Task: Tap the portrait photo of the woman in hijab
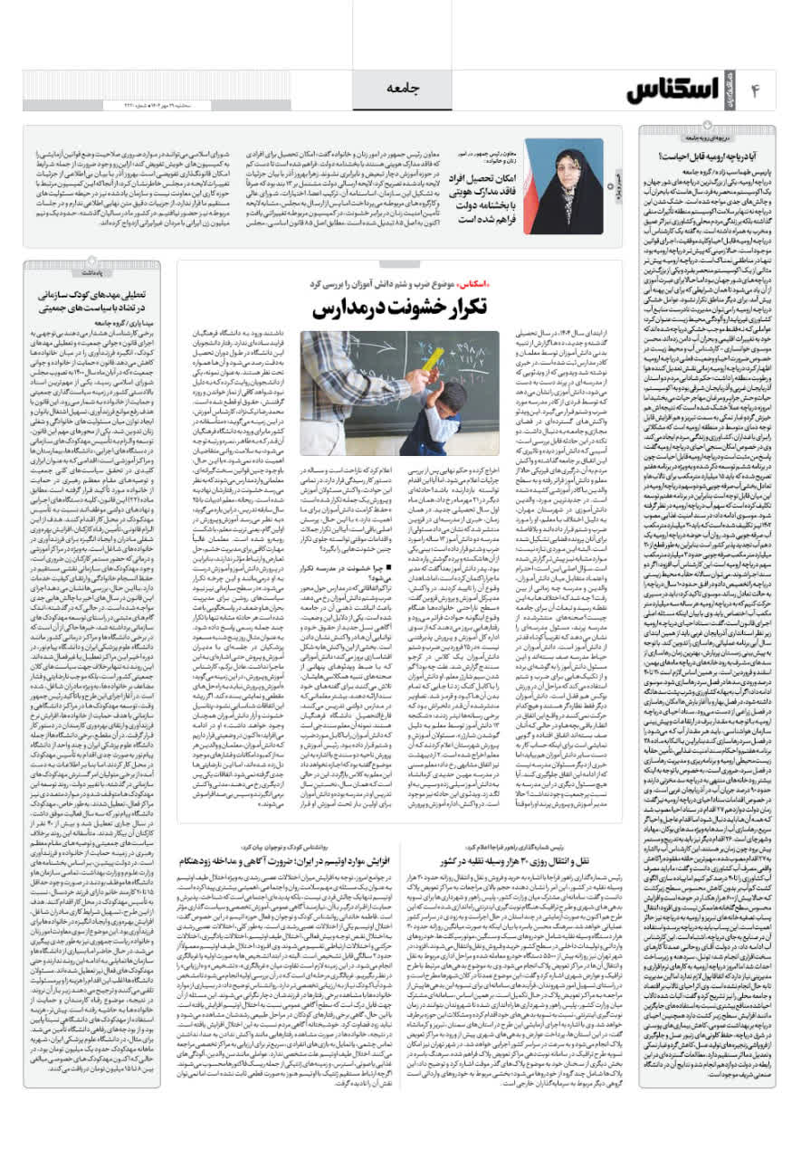[x=566, y=186]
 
